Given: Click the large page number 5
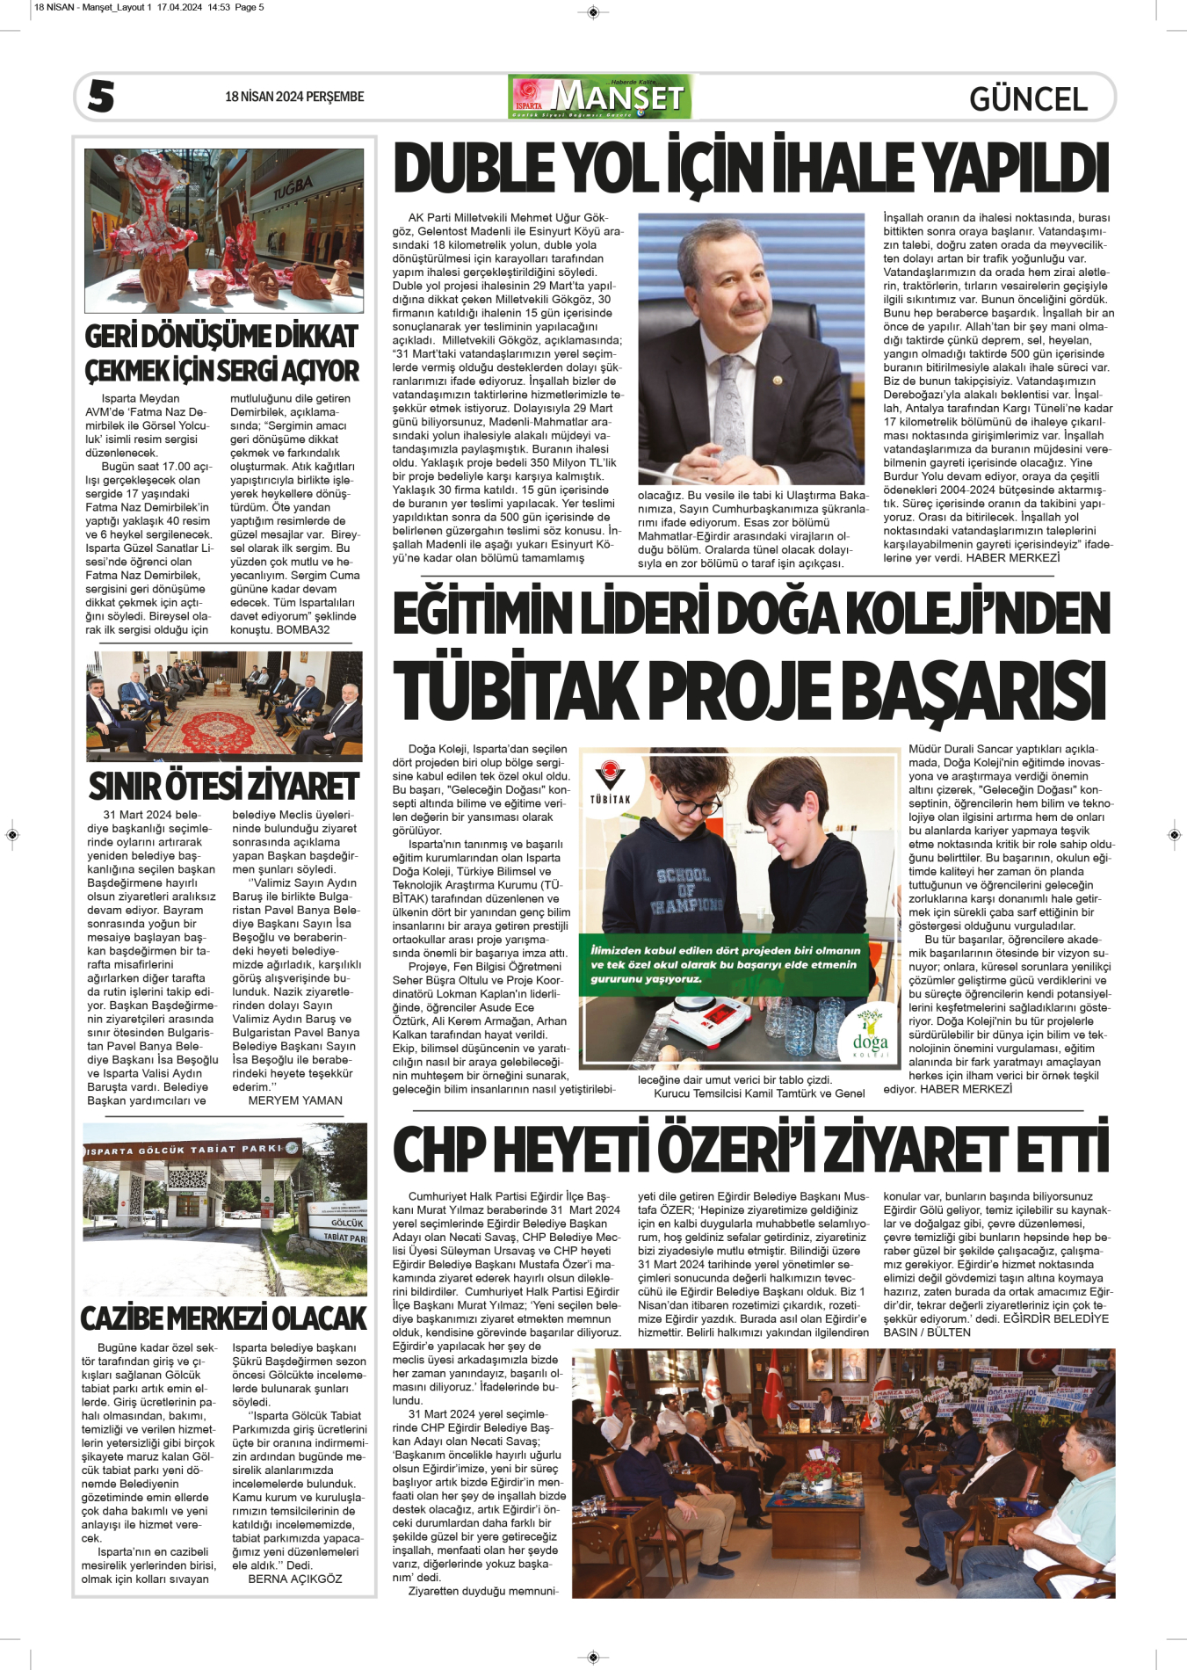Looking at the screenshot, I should (x=101, y=96).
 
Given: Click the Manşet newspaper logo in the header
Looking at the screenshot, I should (x=600, y=97).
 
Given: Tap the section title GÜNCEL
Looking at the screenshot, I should (x=1028, y=98).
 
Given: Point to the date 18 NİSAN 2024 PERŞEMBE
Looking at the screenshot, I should (x=294, y=97).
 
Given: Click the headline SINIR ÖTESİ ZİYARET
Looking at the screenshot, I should (x=224, y=785).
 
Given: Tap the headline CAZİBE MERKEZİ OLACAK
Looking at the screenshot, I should (x=224, y=1318).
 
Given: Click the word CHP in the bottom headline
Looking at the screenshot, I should (x=438, y=1150).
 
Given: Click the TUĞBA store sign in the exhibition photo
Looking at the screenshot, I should (x=292, y=187).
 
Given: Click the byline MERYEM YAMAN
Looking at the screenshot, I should (x=295, y=1100).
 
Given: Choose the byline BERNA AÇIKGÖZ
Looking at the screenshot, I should (x=295, y=1579).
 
